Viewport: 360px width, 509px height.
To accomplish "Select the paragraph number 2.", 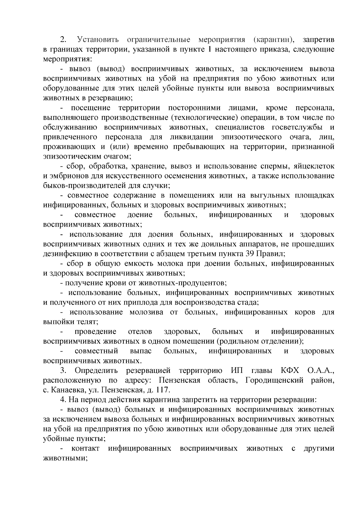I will pyautogui.click(x=63, y=40).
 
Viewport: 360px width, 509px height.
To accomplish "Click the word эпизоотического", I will pyautogui.click(x=251, y=137).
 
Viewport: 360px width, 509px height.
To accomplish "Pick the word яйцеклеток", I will pyautogui.click(x=315, y=166).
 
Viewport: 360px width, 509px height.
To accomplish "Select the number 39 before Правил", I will pyautogui.click(x=248, y=254).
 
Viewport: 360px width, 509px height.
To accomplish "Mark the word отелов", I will pyautogui.click(x=140, y=332).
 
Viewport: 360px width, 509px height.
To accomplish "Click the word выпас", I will pyautogui.click(x=141, y=351).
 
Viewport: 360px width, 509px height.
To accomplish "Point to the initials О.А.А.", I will pyautogui.click(x=321, y=371).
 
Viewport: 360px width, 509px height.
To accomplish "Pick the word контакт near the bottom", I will pyautogui.click(x=85, y=448).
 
